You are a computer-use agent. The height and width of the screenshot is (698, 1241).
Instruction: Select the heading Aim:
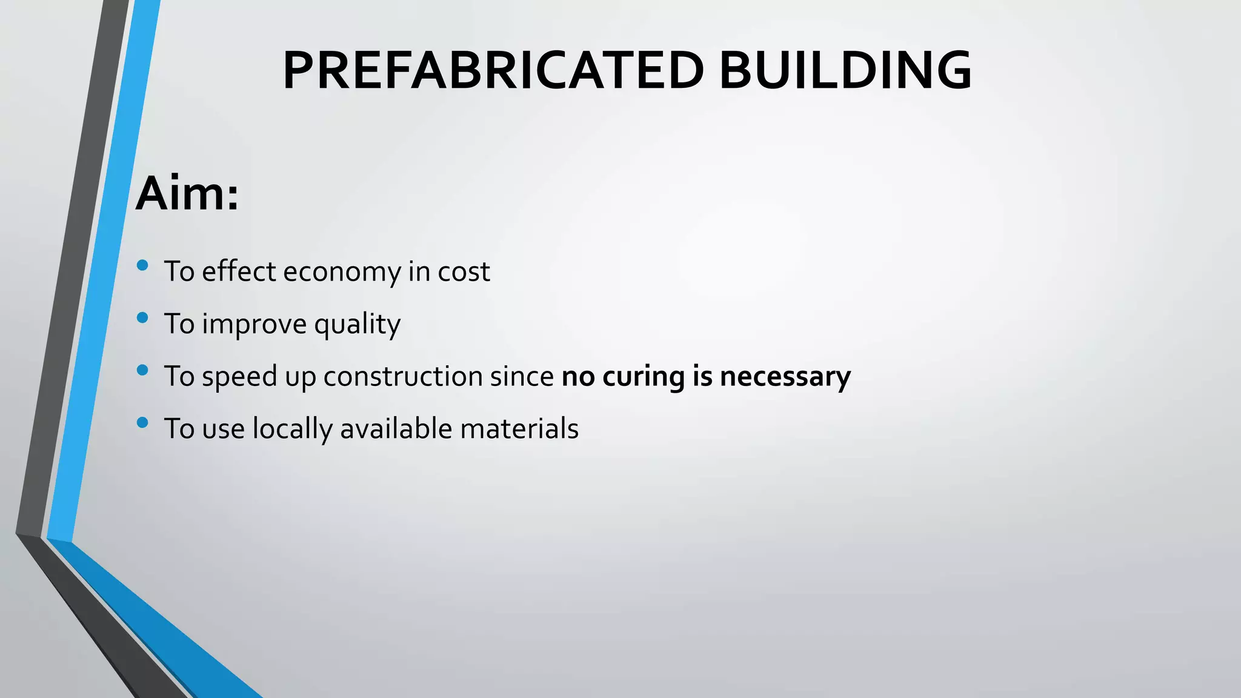(x=187, y=194)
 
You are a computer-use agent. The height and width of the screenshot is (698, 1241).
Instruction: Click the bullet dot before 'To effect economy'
(x=143, y=265)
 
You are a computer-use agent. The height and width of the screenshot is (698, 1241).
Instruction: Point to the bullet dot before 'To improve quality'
(x=143, y=317)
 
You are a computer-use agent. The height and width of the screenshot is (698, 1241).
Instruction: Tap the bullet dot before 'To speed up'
(x=143, y=370)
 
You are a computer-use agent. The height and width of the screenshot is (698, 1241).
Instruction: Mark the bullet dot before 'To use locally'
(x=143, y=422)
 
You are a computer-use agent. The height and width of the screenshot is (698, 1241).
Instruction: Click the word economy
(x=342, y=272)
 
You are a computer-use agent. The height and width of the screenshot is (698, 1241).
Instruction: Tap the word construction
(x=402, y=377)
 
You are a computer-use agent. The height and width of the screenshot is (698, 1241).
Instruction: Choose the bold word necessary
(x=785, y=377)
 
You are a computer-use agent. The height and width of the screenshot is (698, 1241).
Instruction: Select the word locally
(x=293, y=429)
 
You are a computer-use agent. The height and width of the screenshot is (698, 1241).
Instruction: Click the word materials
(x=519, y=429)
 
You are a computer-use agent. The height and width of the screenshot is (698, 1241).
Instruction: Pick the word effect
(x=239, y=272)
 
